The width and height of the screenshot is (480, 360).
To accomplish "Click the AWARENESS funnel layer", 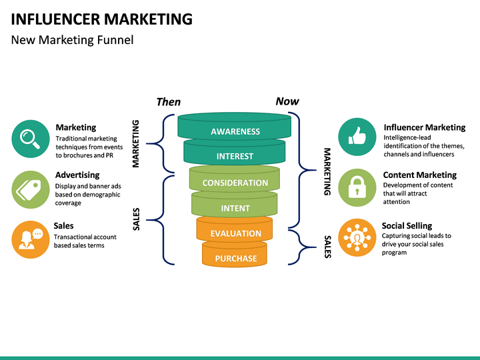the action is click(235, 126).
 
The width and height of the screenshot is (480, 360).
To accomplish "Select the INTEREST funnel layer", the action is click(235, 152).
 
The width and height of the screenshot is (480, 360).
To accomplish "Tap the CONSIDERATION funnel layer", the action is click(235, 179).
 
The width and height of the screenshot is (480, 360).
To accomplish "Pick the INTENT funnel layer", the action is click(235, 204).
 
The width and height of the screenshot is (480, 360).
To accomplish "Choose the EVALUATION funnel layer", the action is click(235, 229).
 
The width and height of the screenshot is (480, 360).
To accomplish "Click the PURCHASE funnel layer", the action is click(235, 254).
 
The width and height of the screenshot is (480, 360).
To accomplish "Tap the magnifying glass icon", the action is click(31, 139).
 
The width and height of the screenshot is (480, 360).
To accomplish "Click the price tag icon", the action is click(31, 189).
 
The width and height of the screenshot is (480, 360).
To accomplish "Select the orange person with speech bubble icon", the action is click(31, 240).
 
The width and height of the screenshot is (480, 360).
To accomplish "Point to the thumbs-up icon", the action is click(357, 137).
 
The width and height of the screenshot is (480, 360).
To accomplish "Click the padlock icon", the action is click(357, 187).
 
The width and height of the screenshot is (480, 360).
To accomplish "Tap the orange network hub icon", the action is click(357, 238).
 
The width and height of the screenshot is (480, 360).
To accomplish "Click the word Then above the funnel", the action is click(169, 102).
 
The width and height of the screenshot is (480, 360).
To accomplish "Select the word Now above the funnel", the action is click(287, 101).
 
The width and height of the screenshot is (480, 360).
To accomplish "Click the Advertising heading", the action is click(77, 175).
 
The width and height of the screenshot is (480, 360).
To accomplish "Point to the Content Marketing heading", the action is click(420, 175).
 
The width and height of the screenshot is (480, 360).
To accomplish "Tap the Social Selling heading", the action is click(407, 226).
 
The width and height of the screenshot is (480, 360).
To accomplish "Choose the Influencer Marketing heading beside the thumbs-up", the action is click(425, 127).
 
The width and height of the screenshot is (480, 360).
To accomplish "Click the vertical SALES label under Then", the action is click(136, 219).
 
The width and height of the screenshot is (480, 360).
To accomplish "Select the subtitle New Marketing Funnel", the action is click(72, 40).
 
